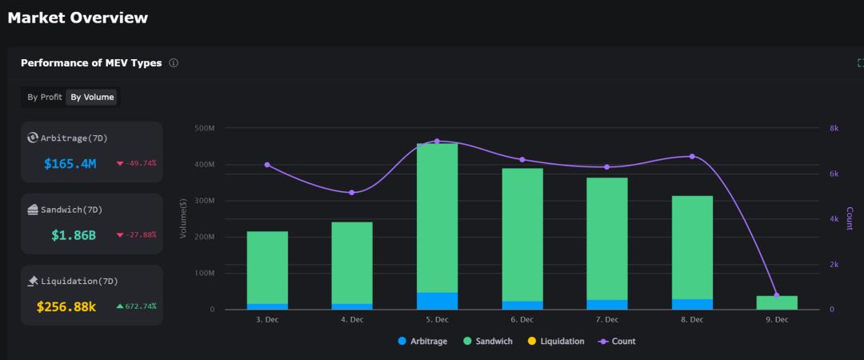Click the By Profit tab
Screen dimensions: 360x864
point(45,98)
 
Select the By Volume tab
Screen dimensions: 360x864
point(92,98)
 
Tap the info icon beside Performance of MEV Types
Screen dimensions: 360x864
point(174,63)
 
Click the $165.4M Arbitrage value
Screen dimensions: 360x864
point(70,164)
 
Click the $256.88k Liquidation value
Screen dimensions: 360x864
point(66,306)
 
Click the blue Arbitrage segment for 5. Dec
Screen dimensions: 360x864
point(437,301)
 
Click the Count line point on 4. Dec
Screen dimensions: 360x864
point(352,192)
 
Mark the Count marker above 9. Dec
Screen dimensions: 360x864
point(776,295)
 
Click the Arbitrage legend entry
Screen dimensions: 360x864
point(423,342)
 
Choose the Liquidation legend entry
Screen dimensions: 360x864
point(555,342)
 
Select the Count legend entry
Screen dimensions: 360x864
point(617,342)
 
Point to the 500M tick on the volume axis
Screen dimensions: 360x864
point(204,128)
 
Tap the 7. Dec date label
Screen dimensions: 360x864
point(606,320)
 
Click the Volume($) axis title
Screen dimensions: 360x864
point(183,218)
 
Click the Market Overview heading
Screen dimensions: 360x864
point(78,18)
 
